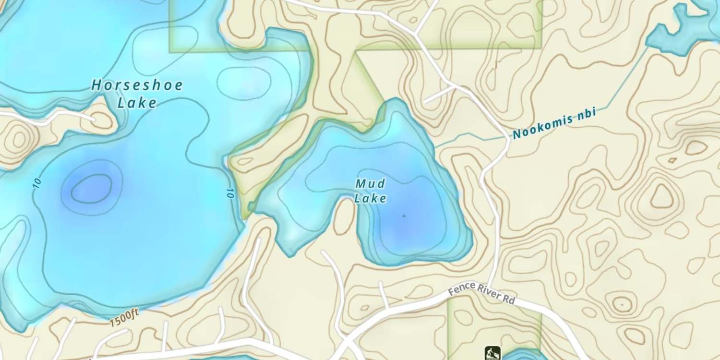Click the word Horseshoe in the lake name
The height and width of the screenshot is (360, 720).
[137, 86]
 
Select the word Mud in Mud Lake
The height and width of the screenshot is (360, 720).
[371, 183]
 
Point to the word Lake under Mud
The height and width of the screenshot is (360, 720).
[371, 198]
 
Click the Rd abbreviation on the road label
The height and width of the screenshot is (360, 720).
[509, 300]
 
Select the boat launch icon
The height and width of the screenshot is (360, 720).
[492, 353]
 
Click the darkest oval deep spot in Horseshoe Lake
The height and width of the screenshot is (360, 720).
[92, 187]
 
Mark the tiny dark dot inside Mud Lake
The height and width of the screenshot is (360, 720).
[404, 216]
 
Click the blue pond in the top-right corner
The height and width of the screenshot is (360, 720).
[682, 29]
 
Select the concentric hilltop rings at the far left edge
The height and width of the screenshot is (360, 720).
[18, 139]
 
